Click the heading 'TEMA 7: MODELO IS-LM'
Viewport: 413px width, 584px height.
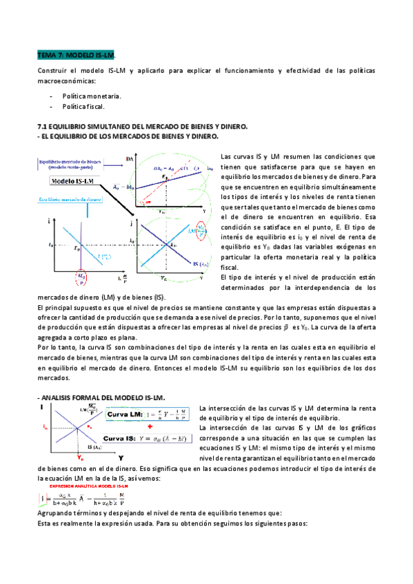(x=75, y=54)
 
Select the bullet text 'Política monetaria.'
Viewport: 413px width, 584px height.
(x=91, y=96)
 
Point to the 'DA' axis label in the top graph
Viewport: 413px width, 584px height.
(x=130, y=160)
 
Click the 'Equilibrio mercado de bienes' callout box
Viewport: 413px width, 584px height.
(x=68, y=163)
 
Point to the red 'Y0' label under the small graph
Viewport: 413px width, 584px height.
(x=81, y=458)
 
